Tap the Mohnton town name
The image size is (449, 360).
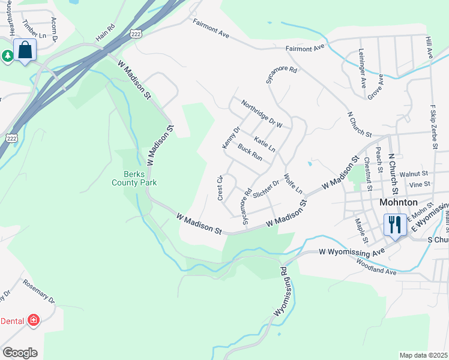point(399,202)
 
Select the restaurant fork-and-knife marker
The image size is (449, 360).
point(394,226)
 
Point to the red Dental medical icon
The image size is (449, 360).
point(33,320)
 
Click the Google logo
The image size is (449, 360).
point(20,352)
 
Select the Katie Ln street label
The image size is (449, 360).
point(265,144)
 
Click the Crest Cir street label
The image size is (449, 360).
point(220,187)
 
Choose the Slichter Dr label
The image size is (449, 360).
point(267,188)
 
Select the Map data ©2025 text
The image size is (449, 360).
point(423,355)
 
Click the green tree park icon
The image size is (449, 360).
point(8,56)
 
